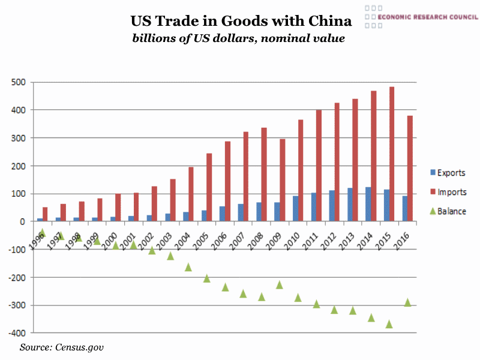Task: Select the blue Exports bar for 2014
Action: tap(368, 205)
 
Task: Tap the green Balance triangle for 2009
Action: tap(280, 284)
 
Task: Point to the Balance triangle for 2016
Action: tap(408, 302)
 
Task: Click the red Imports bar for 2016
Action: tap(410, 169)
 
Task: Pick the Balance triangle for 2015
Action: tap(389, 324)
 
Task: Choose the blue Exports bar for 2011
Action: tap(313, 207)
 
